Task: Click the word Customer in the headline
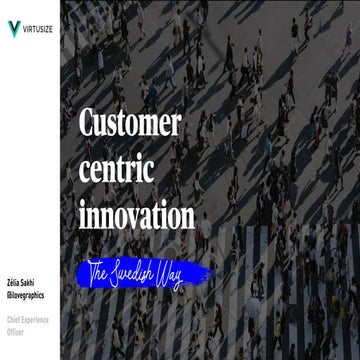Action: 129,124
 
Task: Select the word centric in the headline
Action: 119,169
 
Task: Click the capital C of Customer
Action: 88,124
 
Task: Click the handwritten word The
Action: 99,271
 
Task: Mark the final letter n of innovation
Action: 186,216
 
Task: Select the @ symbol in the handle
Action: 8,297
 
